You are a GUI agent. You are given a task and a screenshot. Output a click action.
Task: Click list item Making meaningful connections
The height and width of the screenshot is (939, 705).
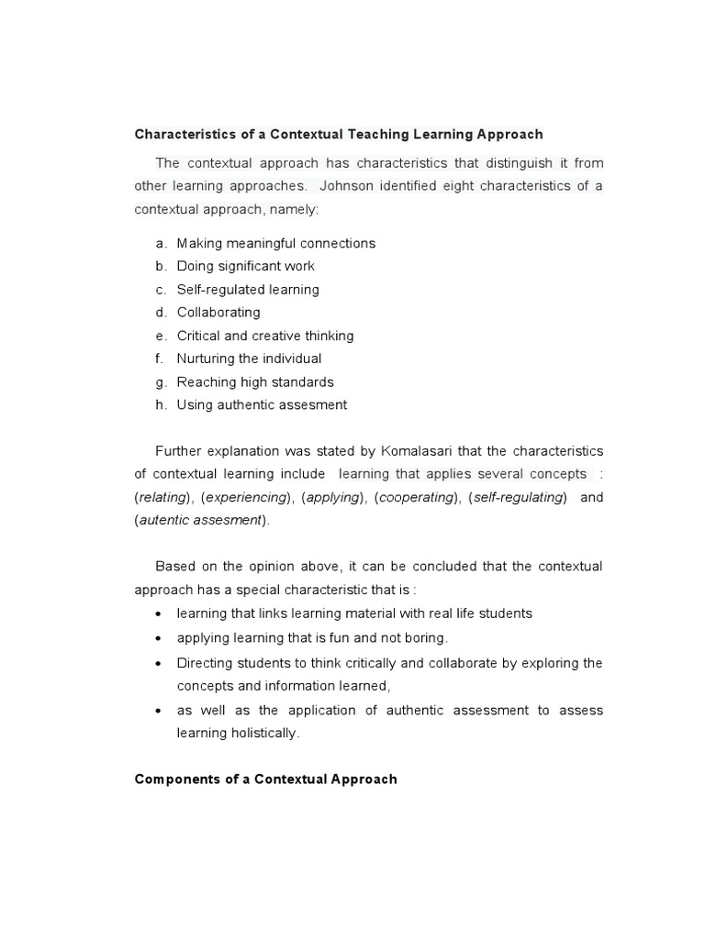pyautogui.click(x=275, y=243)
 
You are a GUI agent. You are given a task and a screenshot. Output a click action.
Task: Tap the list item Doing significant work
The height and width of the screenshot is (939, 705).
pyautogui.click(x=245, y=266)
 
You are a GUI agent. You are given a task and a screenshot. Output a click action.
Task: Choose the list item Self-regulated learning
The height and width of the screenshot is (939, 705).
pyautogui.click(x=248, y=290)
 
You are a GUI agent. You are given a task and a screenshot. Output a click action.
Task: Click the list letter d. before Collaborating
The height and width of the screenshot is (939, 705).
pyautogui.click(x=161, y=313)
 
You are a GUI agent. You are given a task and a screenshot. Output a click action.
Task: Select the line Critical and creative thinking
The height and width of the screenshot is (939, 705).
pyautogui.click(x=264, y=336)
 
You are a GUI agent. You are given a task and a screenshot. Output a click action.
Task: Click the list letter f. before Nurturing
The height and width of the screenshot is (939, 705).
pyautogui.click(x=160, y=359)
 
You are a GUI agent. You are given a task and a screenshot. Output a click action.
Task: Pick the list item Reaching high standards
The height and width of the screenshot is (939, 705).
pyautogui.click(x=255, y=381)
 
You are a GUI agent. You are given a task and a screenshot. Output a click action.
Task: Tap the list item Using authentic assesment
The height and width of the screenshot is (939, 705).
pyautogui.click(x=262, y=404)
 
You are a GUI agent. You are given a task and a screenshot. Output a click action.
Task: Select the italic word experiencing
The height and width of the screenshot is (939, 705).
pyautogui.click(x=245, y=497)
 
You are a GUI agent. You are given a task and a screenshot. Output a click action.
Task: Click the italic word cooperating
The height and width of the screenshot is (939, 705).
pyautogui.click(x=416, y=497)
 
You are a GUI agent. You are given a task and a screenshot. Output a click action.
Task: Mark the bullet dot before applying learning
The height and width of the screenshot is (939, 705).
pyautogui.click(x=161, y=638)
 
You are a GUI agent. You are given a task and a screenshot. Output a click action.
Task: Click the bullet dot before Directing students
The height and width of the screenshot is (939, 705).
pyautogui.click(x=161, y=663)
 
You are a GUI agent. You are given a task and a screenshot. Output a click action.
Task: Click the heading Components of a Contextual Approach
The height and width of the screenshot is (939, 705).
pyautogui.click(x=266, y=779)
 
